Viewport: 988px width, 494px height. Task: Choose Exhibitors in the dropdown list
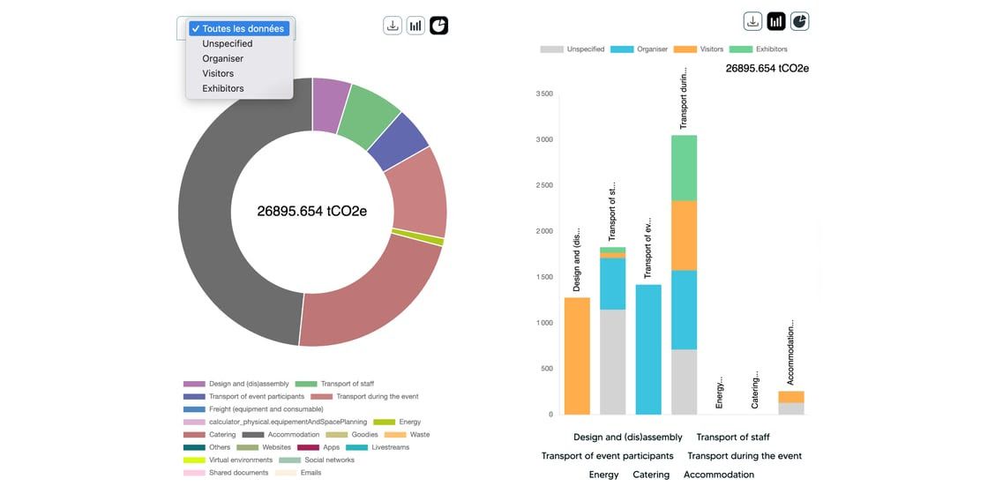point(222,88)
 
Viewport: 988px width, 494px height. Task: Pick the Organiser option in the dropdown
point(222,58)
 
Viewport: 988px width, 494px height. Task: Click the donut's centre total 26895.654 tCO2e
point(312,212)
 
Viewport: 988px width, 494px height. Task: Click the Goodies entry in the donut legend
point(363,434)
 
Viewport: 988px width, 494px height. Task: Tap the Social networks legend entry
point(328,460)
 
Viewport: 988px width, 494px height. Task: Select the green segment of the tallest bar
point(684,168)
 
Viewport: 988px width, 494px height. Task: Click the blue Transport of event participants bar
point(648,348)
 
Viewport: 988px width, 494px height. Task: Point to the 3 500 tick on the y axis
point(544,94)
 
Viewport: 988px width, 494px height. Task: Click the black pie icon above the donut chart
point(439,26)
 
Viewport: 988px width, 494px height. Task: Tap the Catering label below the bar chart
point(651,475)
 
